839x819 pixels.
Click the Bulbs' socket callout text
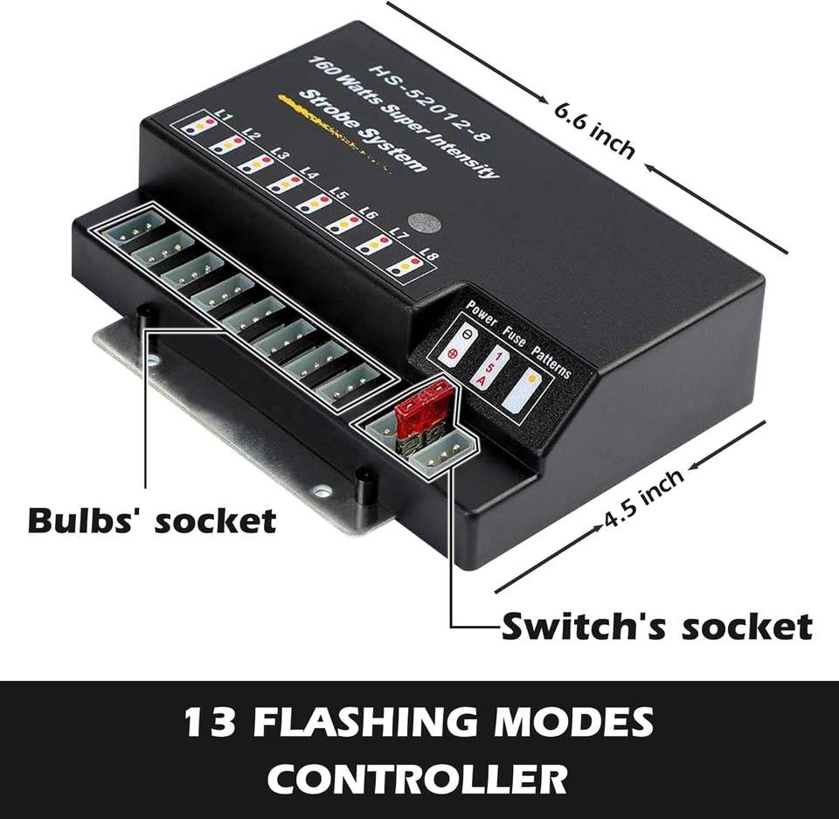[x=152, y=520]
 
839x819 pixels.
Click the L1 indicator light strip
[x=198, y=125]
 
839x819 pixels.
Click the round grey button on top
[x=425, y=223]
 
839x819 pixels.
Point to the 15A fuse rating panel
[x=490, y=367]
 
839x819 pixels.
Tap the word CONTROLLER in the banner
[x=418, y=778]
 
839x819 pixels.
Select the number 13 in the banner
[x=210, y=722]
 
